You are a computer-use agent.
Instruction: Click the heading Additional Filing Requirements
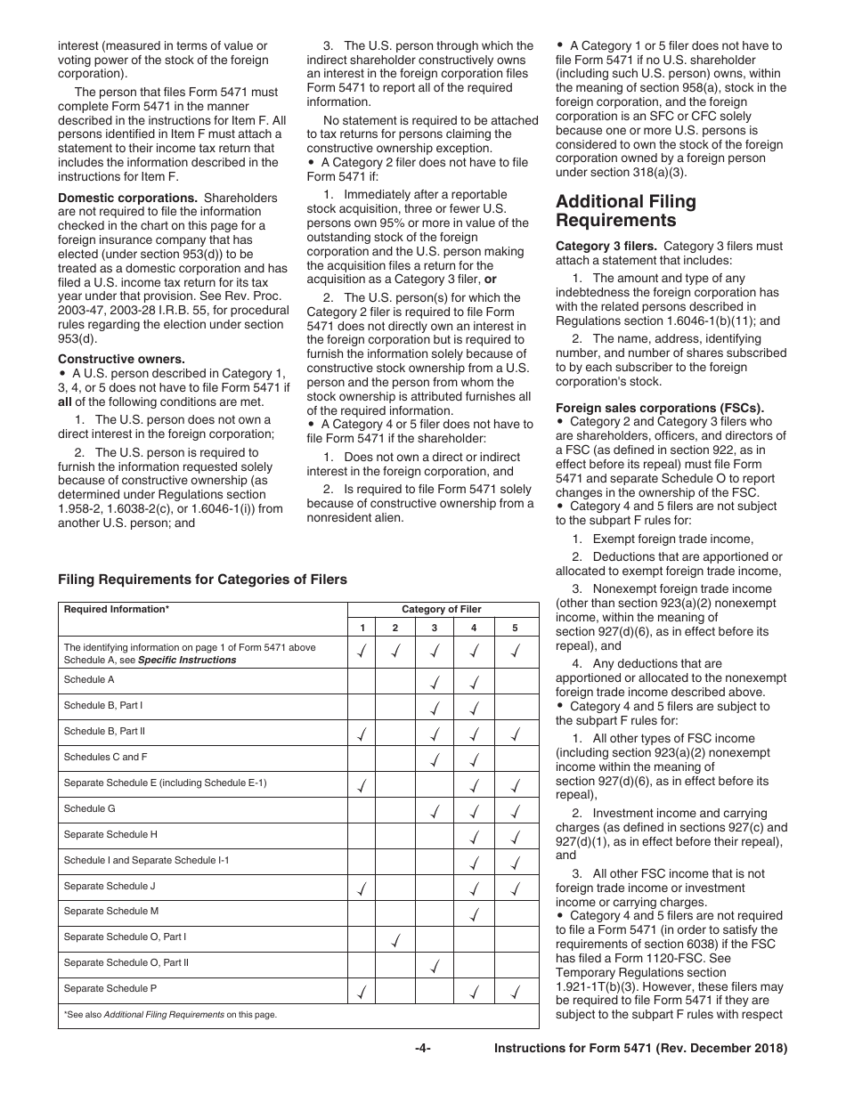625,211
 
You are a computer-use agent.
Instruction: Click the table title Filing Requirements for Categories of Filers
202,580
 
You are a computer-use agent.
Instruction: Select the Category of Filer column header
442,610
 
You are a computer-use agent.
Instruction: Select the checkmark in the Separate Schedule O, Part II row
435,963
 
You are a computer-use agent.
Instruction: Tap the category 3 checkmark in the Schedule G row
435,810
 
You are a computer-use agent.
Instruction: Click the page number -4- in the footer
423,1049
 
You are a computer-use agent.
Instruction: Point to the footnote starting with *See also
170,1015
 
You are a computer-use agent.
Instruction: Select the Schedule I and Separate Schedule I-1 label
146,861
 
